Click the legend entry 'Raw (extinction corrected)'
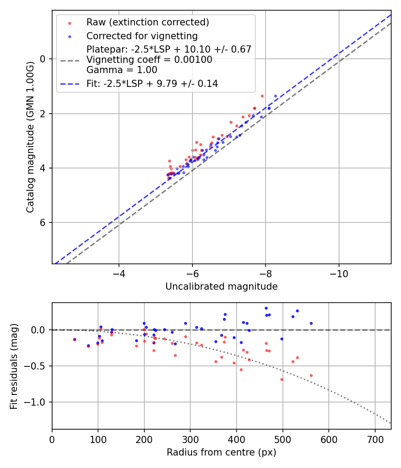pos(147,22)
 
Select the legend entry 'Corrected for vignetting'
pos(142,36)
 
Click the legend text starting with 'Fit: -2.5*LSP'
pos(152,84)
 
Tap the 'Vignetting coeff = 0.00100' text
pos(149,60)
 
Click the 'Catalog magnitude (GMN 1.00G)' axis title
pos(30,137)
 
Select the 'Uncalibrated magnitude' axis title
pos(221,287)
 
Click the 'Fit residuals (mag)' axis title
pos(14,366)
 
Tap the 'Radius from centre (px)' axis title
pos(221,452)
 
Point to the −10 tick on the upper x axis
pos(339,272)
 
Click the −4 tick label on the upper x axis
pos(119,272)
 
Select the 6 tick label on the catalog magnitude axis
pos(44,222)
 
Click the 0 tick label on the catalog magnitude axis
pos(44,59)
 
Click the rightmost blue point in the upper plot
pos(275,96)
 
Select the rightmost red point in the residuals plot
pos(311,375)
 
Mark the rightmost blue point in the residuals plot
pos(311,323)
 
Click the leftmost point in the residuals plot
pos(74,340)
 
